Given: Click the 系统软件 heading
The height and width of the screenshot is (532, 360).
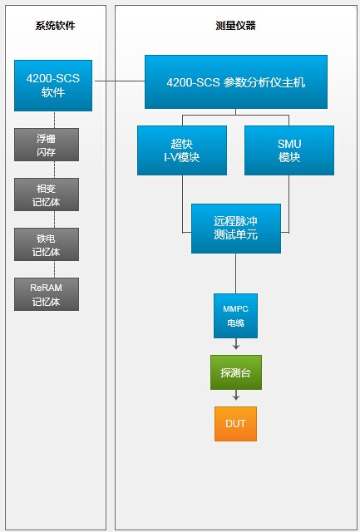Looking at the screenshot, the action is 56,26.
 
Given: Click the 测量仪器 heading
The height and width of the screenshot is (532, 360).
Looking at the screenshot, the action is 235,26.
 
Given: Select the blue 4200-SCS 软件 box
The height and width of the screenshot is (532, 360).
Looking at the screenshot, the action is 53,86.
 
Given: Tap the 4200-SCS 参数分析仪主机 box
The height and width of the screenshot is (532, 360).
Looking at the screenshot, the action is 236,81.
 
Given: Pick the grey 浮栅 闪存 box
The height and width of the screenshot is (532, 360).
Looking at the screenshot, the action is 47,145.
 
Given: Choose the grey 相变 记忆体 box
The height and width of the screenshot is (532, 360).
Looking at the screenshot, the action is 47,195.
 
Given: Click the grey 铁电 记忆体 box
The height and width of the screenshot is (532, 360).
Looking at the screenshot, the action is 47,244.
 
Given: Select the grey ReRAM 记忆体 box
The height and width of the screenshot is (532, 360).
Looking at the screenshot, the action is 47,294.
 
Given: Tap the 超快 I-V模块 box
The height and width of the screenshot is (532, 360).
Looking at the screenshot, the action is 182,150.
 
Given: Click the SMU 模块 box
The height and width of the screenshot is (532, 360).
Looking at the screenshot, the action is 289,150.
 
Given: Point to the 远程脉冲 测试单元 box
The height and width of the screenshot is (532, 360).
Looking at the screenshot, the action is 236,229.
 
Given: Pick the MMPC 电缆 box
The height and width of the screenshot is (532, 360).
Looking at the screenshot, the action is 235,316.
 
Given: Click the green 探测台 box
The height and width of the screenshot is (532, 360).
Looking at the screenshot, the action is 236,372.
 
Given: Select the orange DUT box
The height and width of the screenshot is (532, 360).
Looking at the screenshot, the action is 235,424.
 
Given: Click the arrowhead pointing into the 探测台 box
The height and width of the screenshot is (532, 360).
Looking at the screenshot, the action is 236,347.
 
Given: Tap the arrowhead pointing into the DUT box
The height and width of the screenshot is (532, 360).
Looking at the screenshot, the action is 236,397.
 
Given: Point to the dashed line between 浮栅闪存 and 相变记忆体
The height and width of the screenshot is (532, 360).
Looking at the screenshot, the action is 54,170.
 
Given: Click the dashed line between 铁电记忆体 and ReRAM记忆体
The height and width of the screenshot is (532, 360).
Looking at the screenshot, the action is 54,269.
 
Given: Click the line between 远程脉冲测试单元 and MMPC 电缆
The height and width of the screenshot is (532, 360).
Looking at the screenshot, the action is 236,273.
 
